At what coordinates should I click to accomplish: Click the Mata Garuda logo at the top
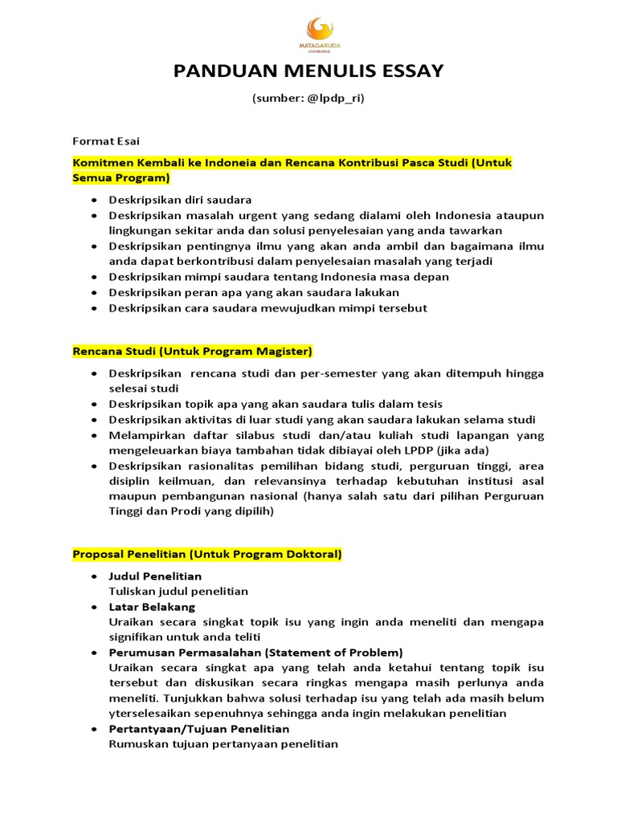pyautogui.click(x=308, y=31)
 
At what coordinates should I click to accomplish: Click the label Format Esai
pyautogui.click(x=106, y=141)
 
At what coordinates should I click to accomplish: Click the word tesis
pyautogui.click(x=428, y=404)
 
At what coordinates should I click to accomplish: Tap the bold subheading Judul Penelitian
pyautogui.click(x=155, y=576)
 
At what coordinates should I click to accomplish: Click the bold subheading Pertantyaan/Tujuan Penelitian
pyautogui.click(x=199, y=728)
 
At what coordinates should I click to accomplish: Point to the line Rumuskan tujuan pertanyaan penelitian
pyautogui.click(x=223, y=743)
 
